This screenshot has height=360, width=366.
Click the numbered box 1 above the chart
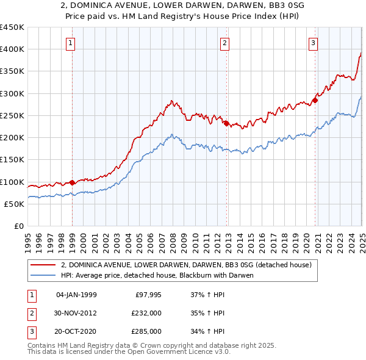pyautogui.click(x=71, y=43)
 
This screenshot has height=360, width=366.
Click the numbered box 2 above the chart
pyautogui.click(x=225, y=43)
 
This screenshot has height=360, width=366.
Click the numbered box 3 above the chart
pyautogui.click(x=313, y=43)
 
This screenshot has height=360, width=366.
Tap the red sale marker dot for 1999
pyautogui.click(x=72, y=182)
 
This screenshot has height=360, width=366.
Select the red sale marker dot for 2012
pyautogui.click(x=226, y=123)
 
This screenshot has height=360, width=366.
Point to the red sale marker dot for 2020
pyautogui.click(x=315, y=100)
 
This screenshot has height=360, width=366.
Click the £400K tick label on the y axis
pyautogui.click(x=12, y=49)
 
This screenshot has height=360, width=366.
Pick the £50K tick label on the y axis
pyautogui.click(x=15, y=204)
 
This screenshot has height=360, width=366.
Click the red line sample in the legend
pyautogui.click(x=43, y=265)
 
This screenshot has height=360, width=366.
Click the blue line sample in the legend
pyautogui.click(x=43, y=275)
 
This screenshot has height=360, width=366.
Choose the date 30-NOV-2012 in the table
pyautogui.click(x=76, y=313)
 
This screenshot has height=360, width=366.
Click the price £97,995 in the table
pyautogui.click(x=148, y=295)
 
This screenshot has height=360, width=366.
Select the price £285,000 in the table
pyautogui.click(x=147, y=331)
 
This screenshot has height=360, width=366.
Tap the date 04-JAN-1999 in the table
pyautogui.click(x=76, y=295)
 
